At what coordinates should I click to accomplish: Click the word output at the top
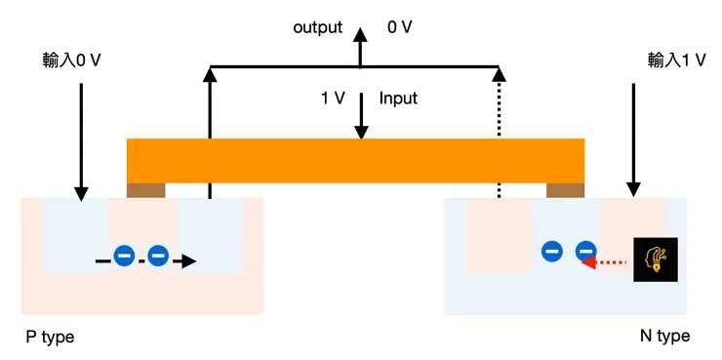(x=317, y=27)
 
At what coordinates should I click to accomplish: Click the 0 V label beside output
(x=400, y=27)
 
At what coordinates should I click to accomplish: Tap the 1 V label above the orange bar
(x=332, y=99)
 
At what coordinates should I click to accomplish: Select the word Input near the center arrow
(x=398, y=99)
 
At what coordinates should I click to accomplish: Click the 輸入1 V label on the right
(x=676, y=60)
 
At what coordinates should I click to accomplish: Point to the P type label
(x=50, y=337)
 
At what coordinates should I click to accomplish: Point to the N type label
(x=664, y=337)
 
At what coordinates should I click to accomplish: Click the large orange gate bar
(x=355, y=161)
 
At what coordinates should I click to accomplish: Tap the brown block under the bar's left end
(x=146, y=190)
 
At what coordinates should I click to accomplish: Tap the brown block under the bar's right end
(x=565, y=190)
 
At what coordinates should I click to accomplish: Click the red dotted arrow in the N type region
(x=603, y=261)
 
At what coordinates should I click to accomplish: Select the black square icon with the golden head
(x=654, y=260)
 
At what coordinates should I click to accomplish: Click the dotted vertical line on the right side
(x=499, y=137)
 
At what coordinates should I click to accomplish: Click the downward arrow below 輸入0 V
(x=82, y=141)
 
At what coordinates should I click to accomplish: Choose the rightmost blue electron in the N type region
(x=585, y=251)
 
